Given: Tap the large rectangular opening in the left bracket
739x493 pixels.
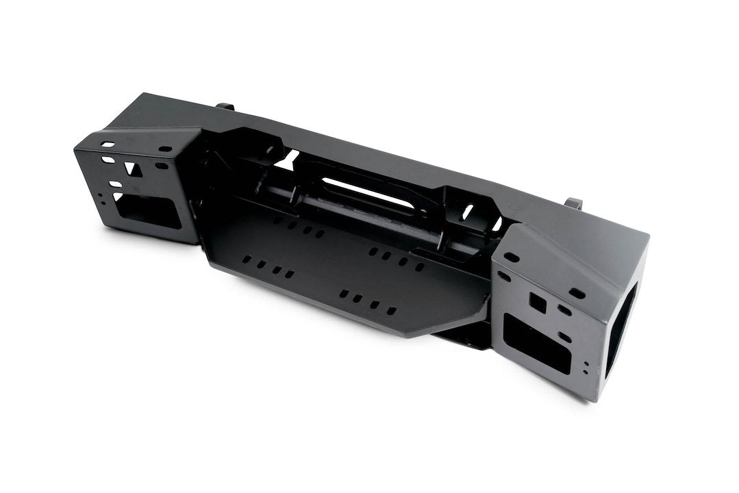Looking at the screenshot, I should [x=152, y=212].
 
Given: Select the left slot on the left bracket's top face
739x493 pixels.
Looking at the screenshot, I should [x=108, y=144].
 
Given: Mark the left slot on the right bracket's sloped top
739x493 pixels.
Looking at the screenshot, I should [x=512, y=257].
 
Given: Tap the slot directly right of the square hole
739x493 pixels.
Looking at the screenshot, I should [x=564, y=309].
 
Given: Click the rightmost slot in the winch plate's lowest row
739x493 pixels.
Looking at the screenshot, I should [x=391, y=311].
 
